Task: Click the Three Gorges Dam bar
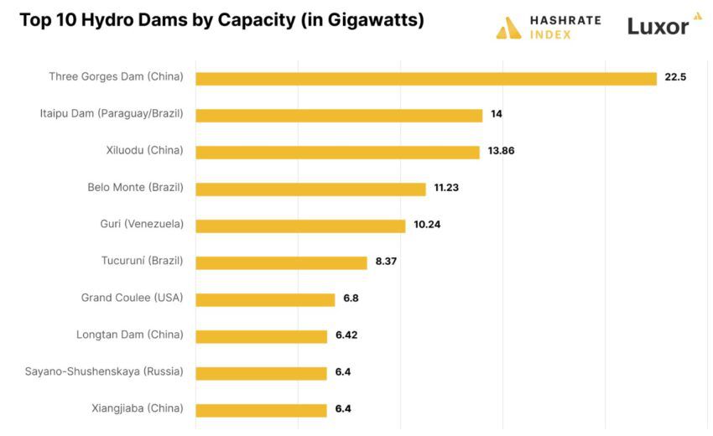click(426, 78)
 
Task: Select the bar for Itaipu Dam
click(339, 115)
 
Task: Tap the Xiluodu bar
click(337, 152)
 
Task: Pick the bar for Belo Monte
click(310, 189)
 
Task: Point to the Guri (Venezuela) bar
click(300, 226)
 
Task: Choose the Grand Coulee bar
click(265, 299)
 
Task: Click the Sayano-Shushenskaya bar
click(261, 373)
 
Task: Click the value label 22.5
click(675, 77)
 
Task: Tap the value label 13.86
click(501, 151)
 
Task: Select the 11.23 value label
click(446, 188)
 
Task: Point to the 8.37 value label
click(386, 262)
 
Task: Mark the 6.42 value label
click(347, 335)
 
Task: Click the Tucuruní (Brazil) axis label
click(142, 261)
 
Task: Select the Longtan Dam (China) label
click(129, 335)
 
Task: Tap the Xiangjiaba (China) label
click(137, 408)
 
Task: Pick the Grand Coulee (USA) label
click(132, 298)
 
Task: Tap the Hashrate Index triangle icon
click(508, 29)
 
